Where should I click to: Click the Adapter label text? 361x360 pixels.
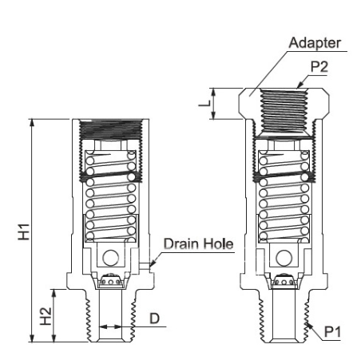[315, 43]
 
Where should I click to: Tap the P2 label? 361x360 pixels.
[319, 67]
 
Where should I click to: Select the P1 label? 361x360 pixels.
[332, 332]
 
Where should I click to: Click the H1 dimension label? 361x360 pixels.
[24, 232]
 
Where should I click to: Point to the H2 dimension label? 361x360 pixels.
[46, 316]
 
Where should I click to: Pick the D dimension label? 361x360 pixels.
[155, 318]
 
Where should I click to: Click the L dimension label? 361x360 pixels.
[204, 104]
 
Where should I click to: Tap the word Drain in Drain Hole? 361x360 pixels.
[181, 243]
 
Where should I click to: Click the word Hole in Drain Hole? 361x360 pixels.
[218, 243]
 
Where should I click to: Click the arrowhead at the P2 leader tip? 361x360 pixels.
[300, 85]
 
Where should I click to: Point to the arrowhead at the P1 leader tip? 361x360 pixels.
[309, 326]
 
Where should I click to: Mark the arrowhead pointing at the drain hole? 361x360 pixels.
[152, 263]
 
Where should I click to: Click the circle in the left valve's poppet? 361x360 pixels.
[111, 258]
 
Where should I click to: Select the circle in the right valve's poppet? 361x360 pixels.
[284, 258]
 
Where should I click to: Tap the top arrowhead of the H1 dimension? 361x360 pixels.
[32, 123]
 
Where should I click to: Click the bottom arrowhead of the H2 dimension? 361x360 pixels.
[54, 338]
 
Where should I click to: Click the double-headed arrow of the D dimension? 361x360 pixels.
[110, 326]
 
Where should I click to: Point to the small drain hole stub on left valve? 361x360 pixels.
[145, 266]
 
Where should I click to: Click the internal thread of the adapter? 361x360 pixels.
[284, 111]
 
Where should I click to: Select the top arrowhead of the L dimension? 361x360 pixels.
[213, 92]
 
